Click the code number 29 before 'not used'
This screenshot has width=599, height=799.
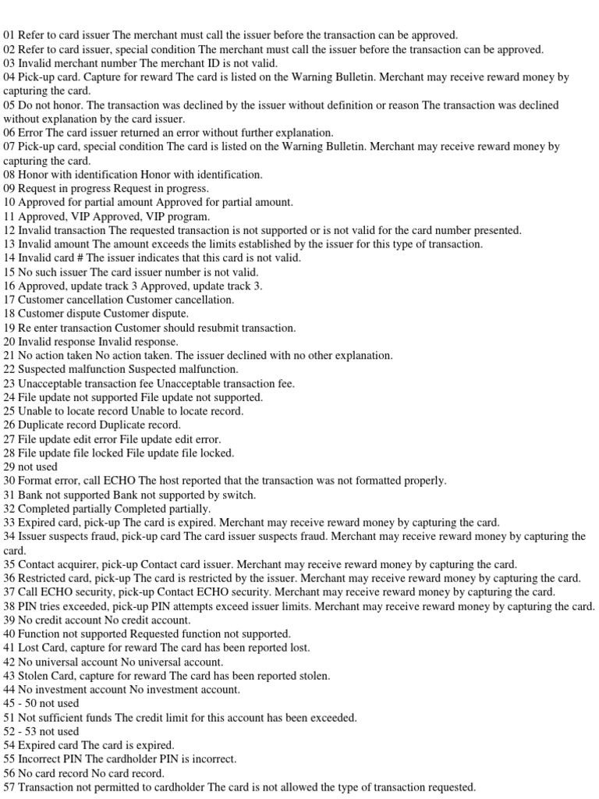click(9, 467)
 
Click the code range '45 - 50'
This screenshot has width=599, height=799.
click(23, 703)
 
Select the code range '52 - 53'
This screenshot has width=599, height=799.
click(23, 731)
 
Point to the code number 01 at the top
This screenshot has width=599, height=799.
click(9, 35)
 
